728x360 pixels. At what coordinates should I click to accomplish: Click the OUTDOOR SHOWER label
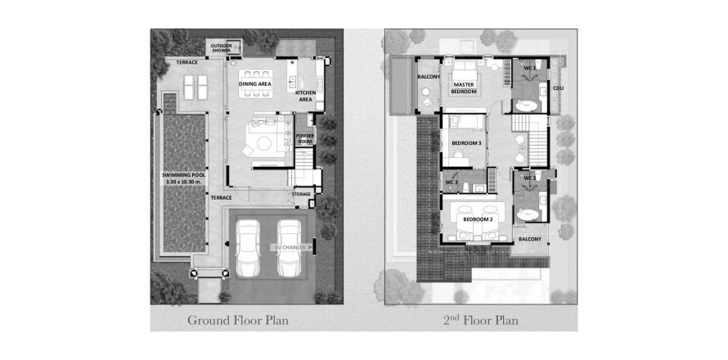[221, 47]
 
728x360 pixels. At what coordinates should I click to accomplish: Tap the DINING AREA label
[256, 84]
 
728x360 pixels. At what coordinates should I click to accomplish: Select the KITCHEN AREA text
[305, 96]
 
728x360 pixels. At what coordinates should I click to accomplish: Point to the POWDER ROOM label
[305, 137]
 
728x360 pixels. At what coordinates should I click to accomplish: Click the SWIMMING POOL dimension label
[184, 178]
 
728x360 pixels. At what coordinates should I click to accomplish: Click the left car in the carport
[248, 248]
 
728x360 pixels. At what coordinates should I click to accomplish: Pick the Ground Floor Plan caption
[238, 320]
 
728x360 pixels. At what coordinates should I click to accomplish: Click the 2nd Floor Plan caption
[479, 320]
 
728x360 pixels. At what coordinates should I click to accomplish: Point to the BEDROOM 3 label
[466, 143]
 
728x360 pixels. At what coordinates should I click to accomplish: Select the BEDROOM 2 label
[477, 220]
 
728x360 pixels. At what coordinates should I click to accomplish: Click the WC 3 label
[452, 182]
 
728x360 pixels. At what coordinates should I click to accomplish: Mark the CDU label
[558, 88]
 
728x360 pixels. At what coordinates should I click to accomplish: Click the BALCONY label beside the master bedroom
[429, 77]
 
